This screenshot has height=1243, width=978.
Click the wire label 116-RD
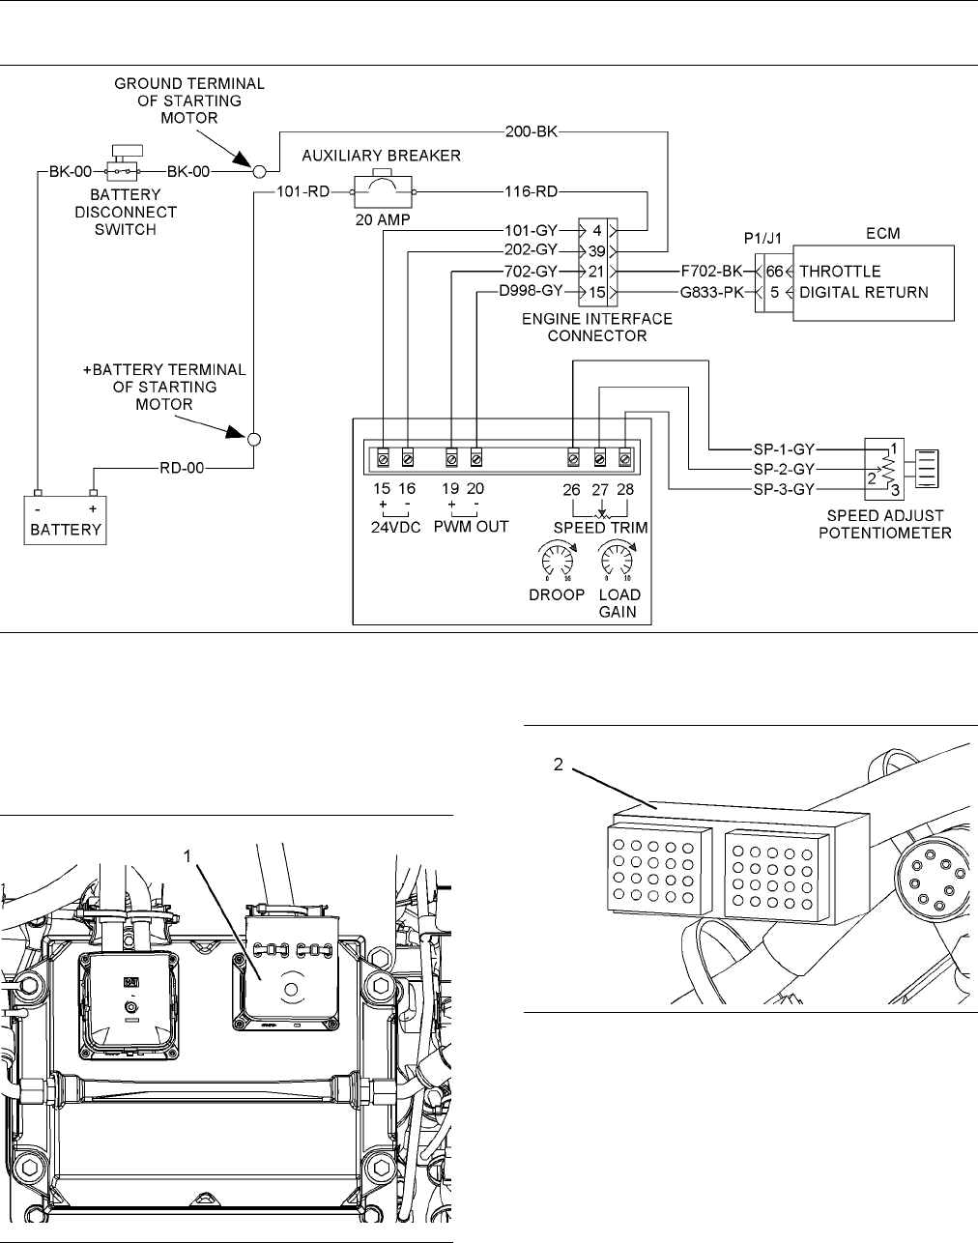click(x=531, y=192)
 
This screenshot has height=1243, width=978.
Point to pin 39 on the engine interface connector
click(x=596, y=250)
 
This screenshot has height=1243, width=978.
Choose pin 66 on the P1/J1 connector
click(x=774, y=272)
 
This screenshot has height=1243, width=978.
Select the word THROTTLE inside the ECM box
click(x=840, y=272)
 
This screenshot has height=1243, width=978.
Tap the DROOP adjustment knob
click(x=556, y=560)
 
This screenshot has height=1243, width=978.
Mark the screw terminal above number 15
click(x=383, y=456)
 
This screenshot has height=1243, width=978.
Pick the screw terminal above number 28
click(x=625, y=456)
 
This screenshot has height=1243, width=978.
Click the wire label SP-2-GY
click(x=784, y=469)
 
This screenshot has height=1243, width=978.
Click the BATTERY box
click(x=66, y=521)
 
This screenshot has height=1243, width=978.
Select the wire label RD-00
click(x=182, y=469)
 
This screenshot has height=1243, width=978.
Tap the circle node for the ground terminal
click(x=258, y=172)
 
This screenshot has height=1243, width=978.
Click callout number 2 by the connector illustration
click(x=559, y=764)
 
